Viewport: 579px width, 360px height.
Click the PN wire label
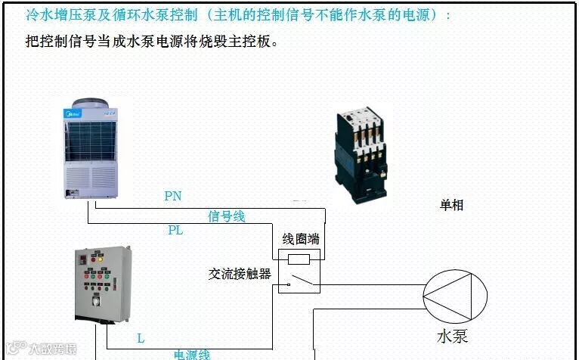pyautogui.click(x=172, y=197)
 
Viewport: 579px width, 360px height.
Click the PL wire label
pyautogui.click(x=175, y=230)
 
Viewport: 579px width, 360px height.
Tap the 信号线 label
pyautogui.click(x=226, y=217)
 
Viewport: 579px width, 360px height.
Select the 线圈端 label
pyautogui.click(x=300, y=239)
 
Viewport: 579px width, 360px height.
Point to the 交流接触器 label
pyautogui.click(x=240, y=274)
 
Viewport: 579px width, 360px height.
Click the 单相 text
pyautogui.click(x=451, y=205)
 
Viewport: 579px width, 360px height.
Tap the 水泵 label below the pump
pyautogui.click(x=452, y=335)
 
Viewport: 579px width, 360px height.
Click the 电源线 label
pyautogui.click(x=192, y=354)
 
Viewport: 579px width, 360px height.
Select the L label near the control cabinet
pyautogui.click(x=141, y=338)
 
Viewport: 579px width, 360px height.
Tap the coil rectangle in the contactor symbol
pyautogui.click(x=299, y=259)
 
